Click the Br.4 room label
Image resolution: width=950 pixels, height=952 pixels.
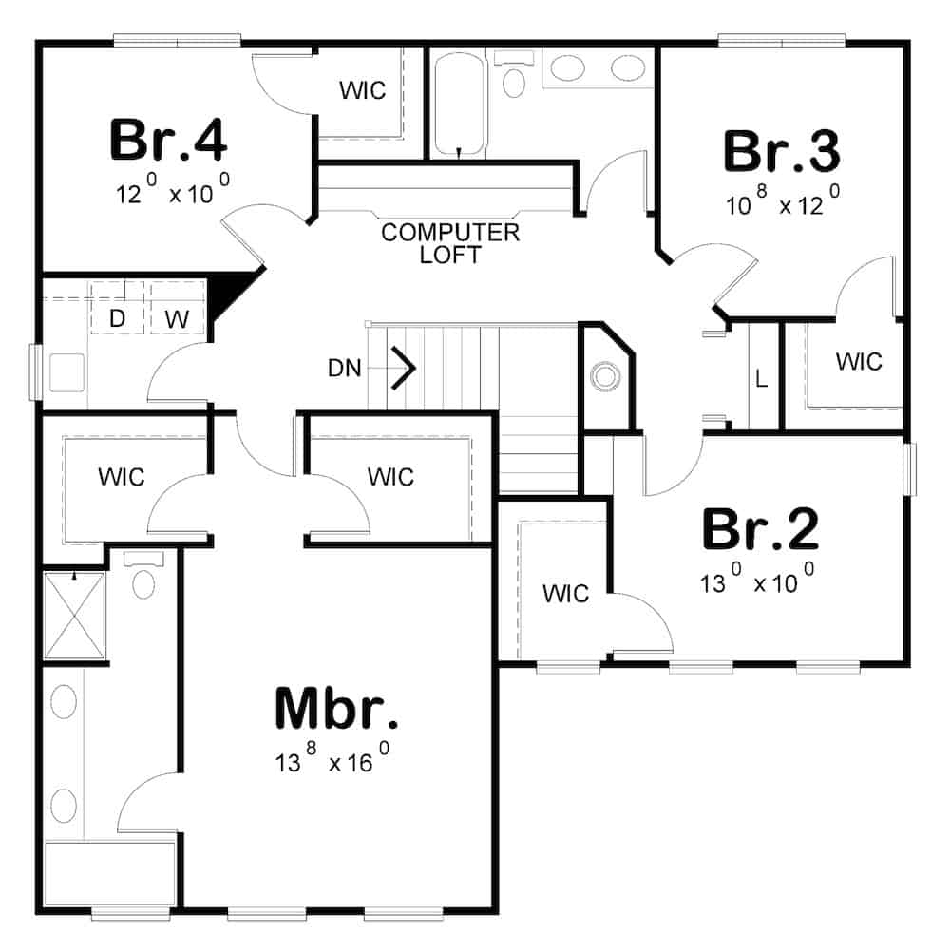tap(168, 140)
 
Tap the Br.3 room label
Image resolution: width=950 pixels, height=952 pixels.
tap(781, 151)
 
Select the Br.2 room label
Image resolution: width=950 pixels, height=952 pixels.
tap(759, 530)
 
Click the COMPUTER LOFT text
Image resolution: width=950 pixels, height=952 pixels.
tap(449, 243)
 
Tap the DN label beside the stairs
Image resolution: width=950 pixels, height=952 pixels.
tap(345, 368)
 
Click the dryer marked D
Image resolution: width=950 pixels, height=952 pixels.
tap(117, 319)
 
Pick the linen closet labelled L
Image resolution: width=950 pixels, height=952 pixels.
tap(761, 378)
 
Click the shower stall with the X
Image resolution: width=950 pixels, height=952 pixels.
tap(73, 615)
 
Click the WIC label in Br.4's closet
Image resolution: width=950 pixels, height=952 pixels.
tap(363, 91)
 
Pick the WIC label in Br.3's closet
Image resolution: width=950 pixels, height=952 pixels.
tap(859, 362)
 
